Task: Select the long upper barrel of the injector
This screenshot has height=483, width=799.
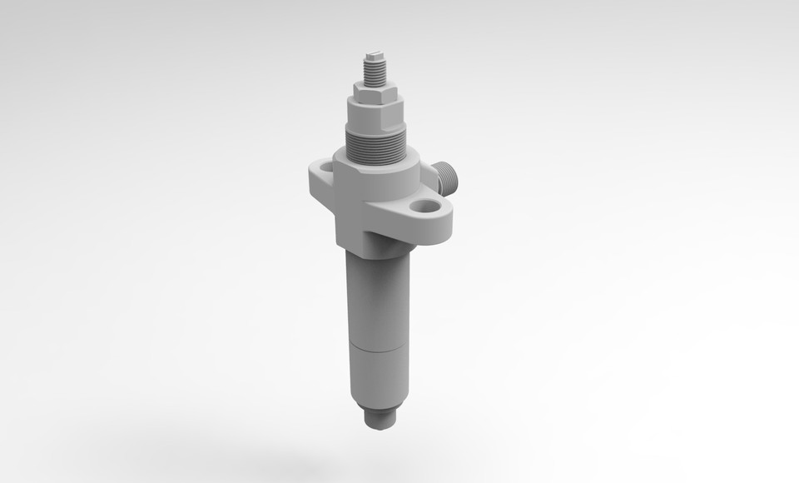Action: [x=379, y=300]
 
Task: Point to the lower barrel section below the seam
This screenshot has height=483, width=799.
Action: [x=379, y=379]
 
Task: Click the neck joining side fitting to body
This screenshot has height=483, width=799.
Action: [x=434, y=175]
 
